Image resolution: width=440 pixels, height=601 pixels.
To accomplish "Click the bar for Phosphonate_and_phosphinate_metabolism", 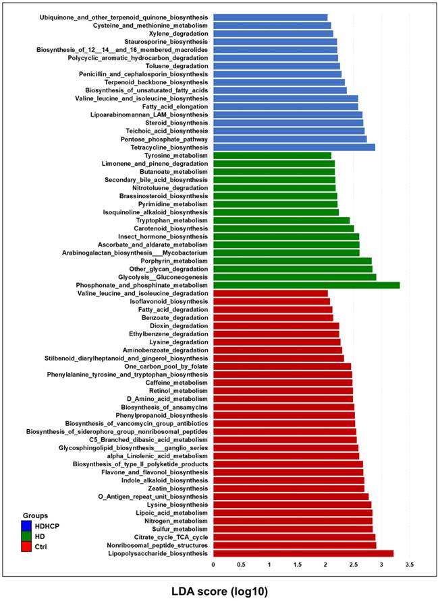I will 306,285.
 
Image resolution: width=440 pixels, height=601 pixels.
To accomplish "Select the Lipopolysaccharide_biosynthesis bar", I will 303,553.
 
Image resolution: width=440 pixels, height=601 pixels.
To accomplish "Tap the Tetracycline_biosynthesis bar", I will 294,147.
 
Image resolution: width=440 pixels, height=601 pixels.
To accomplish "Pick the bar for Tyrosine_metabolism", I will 272,156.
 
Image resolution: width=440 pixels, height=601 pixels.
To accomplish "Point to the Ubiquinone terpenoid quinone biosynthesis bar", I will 270,18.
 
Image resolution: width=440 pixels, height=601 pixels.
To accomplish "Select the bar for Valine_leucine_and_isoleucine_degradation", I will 270,294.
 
